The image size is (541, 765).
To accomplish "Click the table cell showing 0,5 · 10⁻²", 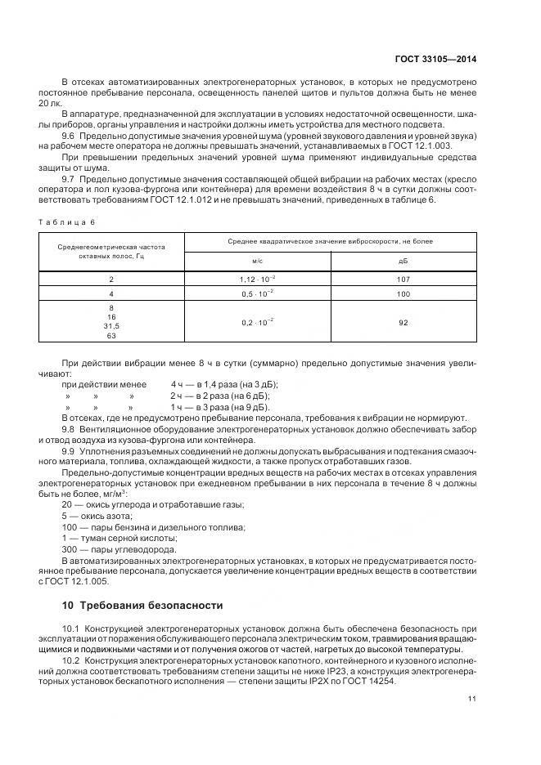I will [257, 293].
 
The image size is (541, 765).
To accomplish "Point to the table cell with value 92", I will [403, 323].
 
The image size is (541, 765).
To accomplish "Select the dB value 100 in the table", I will [403, 293].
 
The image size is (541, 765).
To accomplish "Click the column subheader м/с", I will [257, 262].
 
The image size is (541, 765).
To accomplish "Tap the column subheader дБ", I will [403, 262].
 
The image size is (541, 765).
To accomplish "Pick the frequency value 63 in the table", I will [111, 336].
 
